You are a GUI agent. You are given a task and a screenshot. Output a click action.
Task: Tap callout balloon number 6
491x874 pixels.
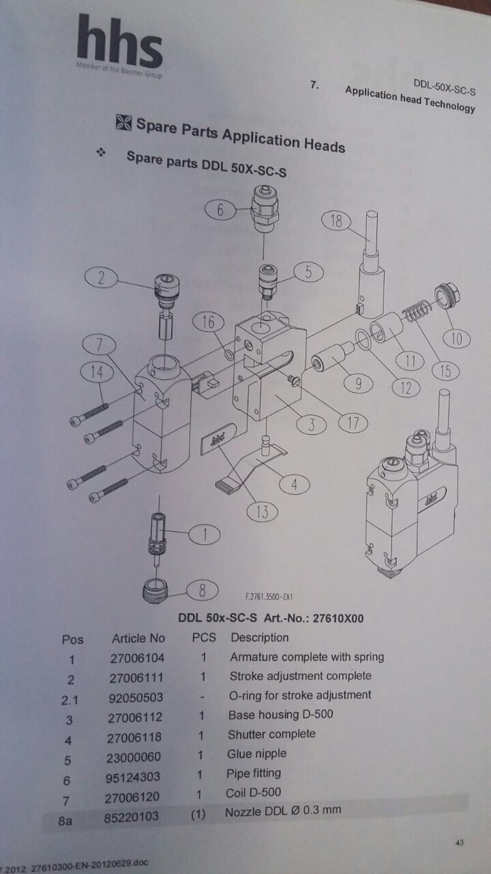click(x=220, y=210)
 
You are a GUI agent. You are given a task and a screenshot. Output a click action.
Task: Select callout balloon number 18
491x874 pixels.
click(x=336, y=221)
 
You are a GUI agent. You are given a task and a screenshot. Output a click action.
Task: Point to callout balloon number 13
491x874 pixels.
click(x=263, y=511)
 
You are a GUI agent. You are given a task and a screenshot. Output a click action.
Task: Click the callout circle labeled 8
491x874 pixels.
click(x=202, y=589)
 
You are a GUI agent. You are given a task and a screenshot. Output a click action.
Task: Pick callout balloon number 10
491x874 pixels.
click(x=456, y=338)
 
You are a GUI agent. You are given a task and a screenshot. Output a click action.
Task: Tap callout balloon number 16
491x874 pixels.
click(x=208, y=322)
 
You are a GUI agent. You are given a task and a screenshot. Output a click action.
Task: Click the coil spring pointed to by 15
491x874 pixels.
click(x=417, y=311)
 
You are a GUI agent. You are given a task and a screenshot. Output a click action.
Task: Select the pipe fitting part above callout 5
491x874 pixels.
click(x=265, y=208)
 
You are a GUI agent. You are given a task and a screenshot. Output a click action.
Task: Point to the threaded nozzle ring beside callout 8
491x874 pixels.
click(x=156, y=591)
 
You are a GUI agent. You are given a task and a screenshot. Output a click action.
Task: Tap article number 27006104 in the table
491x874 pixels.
click(x=137, y=658)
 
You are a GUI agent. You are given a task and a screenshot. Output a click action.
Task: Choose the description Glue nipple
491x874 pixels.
click(x=257, y=753)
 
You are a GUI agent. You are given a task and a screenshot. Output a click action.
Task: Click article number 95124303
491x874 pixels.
click(x=132, y=776)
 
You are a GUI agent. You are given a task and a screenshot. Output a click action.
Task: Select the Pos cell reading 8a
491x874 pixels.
click(x=65, y=821)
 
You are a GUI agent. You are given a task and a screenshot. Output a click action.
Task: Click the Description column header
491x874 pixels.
click(x=260, y=637)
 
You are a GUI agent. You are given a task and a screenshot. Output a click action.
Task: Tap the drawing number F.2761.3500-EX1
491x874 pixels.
click(x=269, y=597)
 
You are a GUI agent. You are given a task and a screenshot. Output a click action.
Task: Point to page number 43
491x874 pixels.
click(x=460, y=843)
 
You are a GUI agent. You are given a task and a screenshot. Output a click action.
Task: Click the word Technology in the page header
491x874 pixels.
click(x=449, y=104)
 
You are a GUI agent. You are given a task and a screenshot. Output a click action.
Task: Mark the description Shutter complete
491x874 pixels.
click(x=271, y=734)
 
